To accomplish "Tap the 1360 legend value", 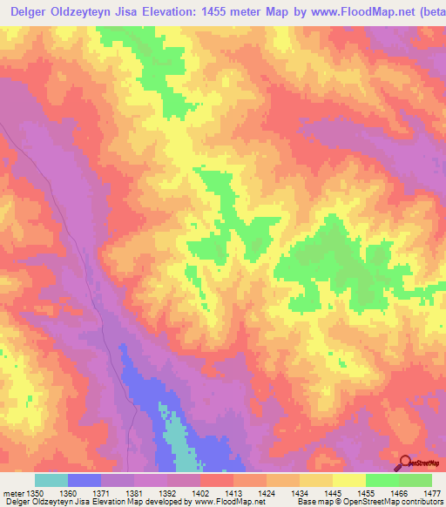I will click(68, 493).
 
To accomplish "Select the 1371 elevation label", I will click(101, 493).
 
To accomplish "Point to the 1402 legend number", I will click(199, 493).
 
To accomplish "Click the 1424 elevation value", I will click(267, 493).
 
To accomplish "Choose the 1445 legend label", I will click(332, 493).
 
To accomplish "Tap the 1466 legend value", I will click(398, 493).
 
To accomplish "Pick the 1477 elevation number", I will click(431, 493).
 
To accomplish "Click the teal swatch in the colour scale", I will click(51, 480).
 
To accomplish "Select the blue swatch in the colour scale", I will click(84, 480).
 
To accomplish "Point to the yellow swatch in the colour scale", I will click(348, 480).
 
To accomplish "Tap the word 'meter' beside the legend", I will click(15, 493).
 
